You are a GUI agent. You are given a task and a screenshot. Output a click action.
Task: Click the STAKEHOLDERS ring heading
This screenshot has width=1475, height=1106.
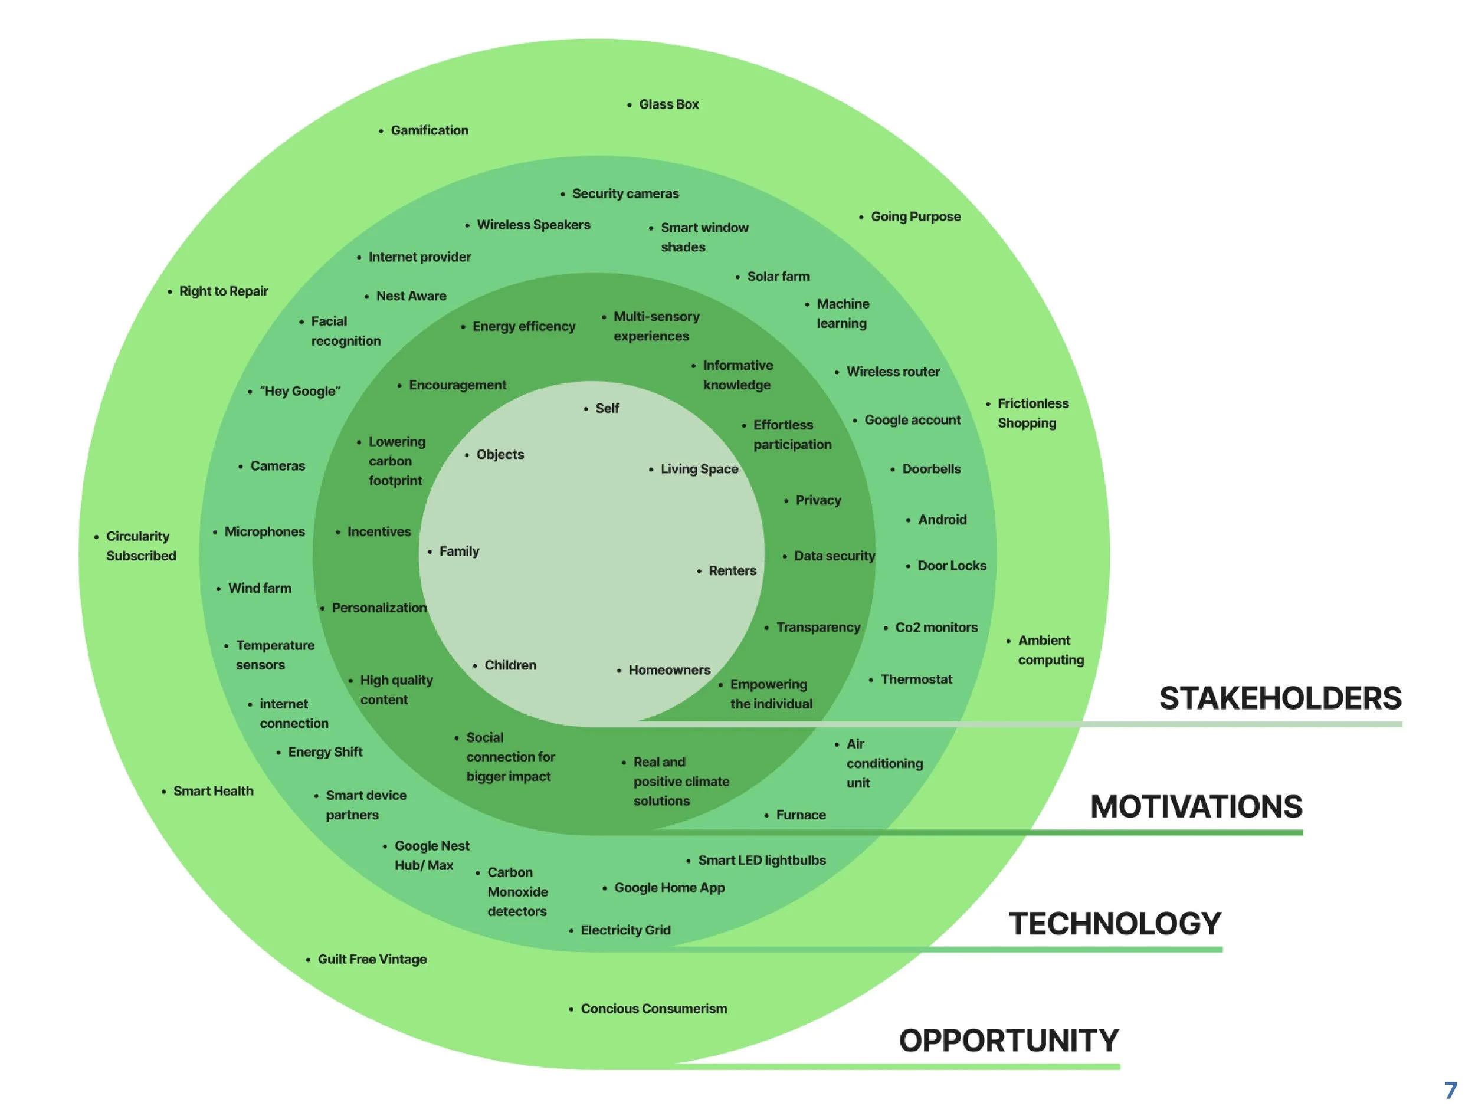tap(1280, 698)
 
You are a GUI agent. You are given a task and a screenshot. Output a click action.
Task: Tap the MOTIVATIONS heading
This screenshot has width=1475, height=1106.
tap(1197, 807)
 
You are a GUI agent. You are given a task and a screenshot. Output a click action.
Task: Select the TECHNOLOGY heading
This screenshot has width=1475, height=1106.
tap(1115, 924)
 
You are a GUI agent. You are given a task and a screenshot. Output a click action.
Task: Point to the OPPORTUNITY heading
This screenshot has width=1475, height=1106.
tap(1009, 1041)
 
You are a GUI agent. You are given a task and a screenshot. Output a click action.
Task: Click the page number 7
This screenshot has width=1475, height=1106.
tap(1451, 1091)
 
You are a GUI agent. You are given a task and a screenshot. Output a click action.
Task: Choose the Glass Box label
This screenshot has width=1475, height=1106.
tap(669, 104)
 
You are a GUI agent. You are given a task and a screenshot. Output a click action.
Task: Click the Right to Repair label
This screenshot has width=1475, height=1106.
tap(224, 291)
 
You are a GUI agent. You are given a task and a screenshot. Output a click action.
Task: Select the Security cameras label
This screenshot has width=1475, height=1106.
tap(625, 194)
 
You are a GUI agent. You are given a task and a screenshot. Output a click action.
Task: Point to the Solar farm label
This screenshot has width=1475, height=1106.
tap(778, 277)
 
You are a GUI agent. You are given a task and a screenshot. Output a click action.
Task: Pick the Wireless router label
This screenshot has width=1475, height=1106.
tap(893, 372)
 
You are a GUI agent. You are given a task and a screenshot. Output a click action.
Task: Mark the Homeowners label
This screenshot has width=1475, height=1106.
tap(670, 670)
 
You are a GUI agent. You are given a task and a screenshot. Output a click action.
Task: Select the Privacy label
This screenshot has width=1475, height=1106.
tap(818, 501)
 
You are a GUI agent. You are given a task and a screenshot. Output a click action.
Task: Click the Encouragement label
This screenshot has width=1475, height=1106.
tap(457, 385)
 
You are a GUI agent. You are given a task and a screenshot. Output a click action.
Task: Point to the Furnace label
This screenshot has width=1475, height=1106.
tap(801, 815)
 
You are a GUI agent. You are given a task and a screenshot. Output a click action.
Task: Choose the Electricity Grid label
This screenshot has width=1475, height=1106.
tap(625, 931)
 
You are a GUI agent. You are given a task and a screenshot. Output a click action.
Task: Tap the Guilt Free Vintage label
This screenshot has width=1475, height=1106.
tap(372, 960)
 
